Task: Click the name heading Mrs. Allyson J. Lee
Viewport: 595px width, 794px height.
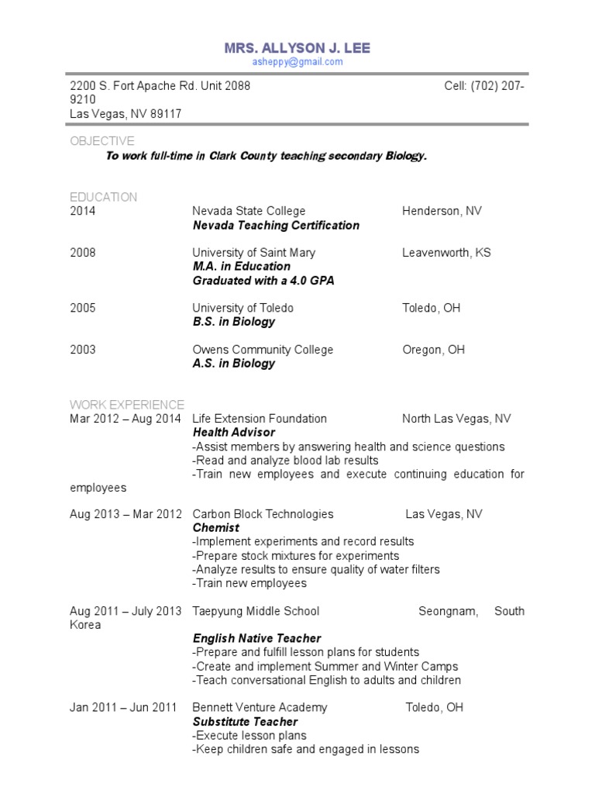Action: pos(297,48)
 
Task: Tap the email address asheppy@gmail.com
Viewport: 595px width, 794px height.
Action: pos(297,62)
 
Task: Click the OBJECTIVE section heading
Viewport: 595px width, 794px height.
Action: pos(101,140)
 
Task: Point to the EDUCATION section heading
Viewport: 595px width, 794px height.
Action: pos(103,197)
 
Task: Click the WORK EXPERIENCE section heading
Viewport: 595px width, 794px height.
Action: pos(127,405)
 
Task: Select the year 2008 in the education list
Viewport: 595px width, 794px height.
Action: pos(83,253)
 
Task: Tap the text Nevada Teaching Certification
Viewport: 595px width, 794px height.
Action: pos(276,225)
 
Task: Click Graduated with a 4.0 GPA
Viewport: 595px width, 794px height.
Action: pos(263,281)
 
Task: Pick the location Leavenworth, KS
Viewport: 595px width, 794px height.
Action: pos(446,253)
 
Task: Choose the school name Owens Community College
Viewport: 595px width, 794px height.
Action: pos(263,350)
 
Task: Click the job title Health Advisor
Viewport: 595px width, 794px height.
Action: pos(234,433)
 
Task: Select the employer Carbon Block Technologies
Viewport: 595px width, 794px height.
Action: pos(263,514)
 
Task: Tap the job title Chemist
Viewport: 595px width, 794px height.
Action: pos(216,528)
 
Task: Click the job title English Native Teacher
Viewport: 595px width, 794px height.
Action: pos(256,638)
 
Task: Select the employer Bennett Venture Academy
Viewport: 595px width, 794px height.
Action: pos(260,707)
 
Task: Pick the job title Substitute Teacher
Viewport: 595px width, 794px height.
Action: pos(245,721)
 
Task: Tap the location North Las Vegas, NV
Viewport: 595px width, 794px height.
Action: pos(456,419)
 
